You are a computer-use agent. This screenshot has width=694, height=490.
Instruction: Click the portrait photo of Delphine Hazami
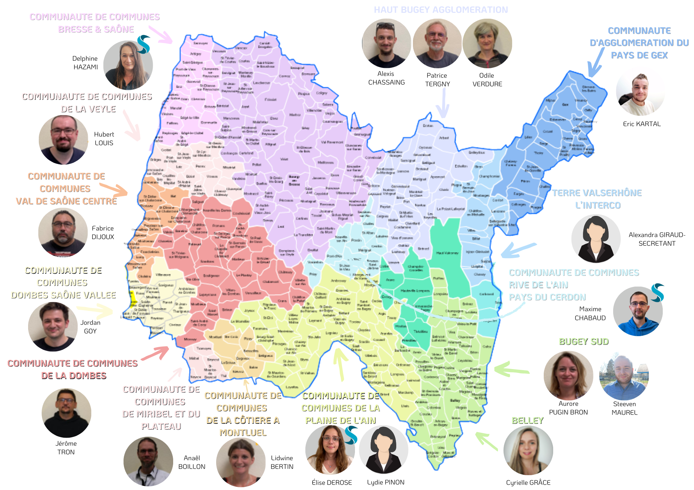[x=128, y=65]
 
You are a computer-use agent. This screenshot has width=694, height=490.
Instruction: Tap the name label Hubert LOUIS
[x=104, y=139]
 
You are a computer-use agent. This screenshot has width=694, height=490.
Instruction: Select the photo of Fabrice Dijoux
[x=63, y=233]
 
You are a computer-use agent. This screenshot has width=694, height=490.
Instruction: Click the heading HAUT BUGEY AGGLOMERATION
[x=441, y=10]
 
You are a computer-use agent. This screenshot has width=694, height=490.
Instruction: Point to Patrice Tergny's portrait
[x=437, y=43]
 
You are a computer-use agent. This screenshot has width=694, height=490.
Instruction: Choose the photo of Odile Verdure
[x=487, y=43]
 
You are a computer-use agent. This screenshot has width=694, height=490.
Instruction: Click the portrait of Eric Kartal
[x=640, y=92]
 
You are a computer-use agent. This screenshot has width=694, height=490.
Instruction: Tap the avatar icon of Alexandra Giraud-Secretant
[x=596, y=239]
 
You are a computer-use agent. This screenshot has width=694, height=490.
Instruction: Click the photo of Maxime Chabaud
[x=638, y=311]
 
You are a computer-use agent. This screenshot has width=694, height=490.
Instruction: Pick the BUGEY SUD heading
[x=584, y=342]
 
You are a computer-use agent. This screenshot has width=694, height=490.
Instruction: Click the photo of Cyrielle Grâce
[x=528, y=450]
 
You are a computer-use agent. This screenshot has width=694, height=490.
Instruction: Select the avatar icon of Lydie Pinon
[x=383, y=450]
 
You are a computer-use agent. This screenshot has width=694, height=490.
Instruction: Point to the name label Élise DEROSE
[x=332, y=482]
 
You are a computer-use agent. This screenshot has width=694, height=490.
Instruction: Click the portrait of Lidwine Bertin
[x=241, y=462]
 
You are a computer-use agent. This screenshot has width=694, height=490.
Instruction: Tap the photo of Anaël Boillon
[x=148, y=461]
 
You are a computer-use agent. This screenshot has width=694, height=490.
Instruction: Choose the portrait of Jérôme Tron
[x=66, y=413]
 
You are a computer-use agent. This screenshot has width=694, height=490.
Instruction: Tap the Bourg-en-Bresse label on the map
[x=294, y=181]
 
